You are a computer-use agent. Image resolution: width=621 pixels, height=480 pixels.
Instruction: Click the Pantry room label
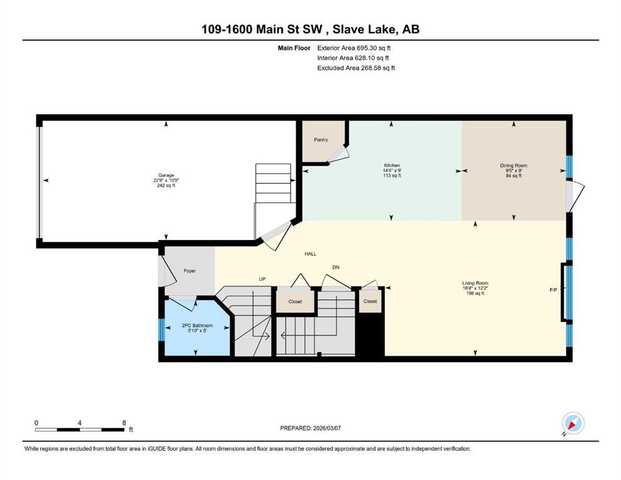click(x=321, y=139)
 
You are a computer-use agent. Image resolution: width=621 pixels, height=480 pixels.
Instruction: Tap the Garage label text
click(x=166, y=175)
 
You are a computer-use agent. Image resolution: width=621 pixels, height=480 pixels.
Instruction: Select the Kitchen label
click(x=391, y=166)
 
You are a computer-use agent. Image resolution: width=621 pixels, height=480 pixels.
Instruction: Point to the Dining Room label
click(x=513, y=166)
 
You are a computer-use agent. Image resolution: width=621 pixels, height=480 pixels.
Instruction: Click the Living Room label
click(x=475, y=283)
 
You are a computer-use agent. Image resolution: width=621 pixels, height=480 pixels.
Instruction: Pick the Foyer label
click(x=189, y=271)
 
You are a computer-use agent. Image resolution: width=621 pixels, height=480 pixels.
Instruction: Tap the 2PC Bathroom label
click(x=197, y=325)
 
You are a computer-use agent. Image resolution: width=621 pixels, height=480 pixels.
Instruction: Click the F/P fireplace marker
click(x=553, y=290)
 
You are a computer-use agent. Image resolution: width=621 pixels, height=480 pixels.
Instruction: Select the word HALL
click(x=310, y=254)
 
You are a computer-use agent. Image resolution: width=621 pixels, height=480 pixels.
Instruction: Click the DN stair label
click(x=336, y=267)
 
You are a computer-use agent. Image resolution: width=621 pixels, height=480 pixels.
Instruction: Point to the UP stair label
click(x=262, y=279)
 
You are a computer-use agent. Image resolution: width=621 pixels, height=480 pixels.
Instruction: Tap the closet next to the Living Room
click(x=370, y=301)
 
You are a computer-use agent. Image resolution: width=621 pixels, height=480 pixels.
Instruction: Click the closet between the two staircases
click(x=295, y=301)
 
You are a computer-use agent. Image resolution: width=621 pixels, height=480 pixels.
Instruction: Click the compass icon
click(x=573, y=423)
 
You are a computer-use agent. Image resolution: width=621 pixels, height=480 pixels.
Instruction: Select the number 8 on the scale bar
click(x=124, y=422)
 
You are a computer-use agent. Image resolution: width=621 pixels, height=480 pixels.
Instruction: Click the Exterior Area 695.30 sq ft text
click(x=354, y=48)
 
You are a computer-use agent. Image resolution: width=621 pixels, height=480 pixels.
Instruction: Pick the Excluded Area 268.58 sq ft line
click(x=356, y=68)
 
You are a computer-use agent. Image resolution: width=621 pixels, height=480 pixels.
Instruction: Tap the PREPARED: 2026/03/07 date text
click(x=310, y=428)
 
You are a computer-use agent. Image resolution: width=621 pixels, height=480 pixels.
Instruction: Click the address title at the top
click(x=310, y=29)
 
